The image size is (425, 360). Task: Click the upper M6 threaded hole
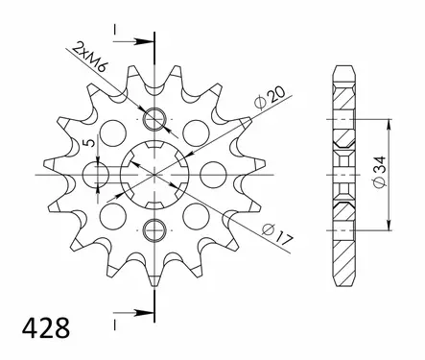pos(153,120)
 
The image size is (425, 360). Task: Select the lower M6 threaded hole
pos(153,228)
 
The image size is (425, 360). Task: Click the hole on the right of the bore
pos(208,174)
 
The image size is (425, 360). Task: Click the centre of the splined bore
pos(153,174)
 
